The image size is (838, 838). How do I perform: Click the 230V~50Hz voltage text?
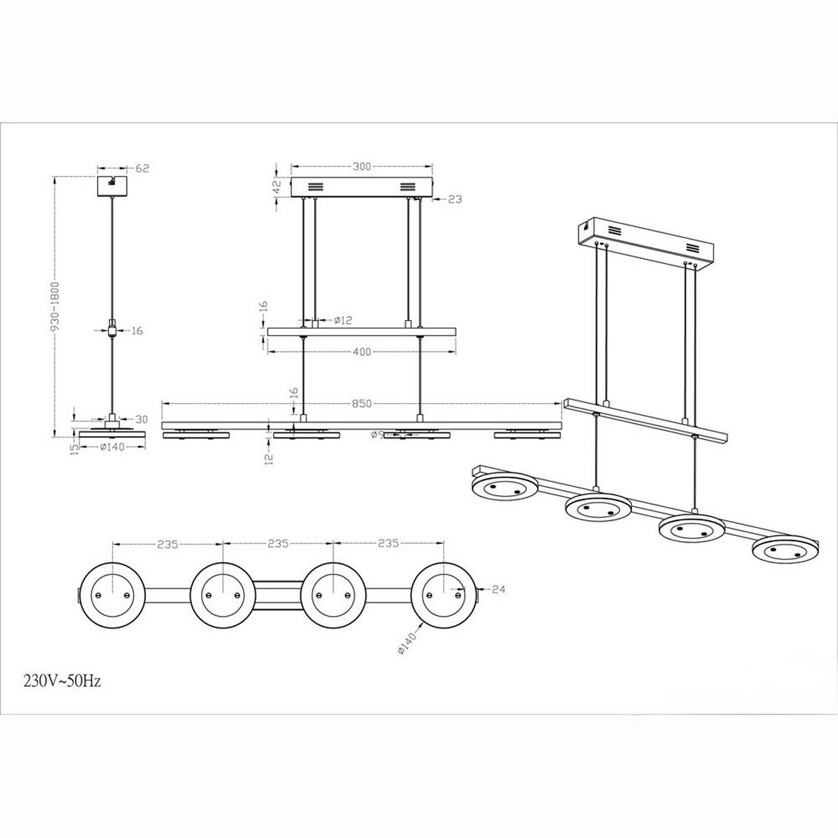(x=61, y=681)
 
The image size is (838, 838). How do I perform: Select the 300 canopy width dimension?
(x=362, y=167)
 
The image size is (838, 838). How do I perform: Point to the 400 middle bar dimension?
(x=362, y=352)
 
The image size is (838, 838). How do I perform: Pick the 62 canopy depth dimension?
(x=142, y=168)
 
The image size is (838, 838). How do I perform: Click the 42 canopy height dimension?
(x=277, y=186)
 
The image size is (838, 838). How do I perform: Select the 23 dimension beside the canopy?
(x=455, y=199)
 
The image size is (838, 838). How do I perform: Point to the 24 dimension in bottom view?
(x=498, y=589)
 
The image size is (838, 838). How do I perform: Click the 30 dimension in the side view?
(x=142, y=420)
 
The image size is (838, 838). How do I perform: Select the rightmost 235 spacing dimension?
(x=388, y=543)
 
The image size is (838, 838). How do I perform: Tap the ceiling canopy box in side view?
(x=111, y=186)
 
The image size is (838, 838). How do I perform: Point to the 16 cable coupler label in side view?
(x=137, y=330)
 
